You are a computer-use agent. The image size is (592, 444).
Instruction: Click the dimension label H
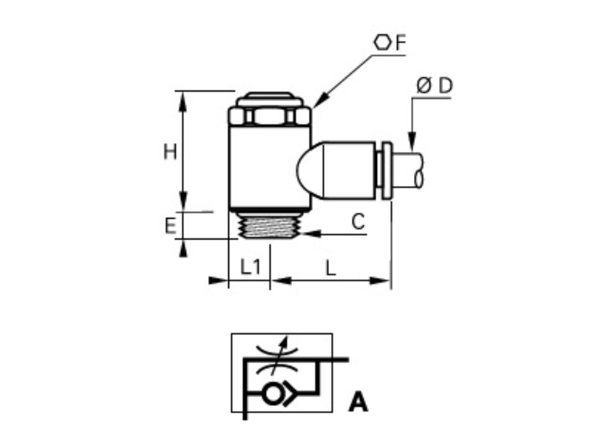pyautogui.click(x=169, y=152)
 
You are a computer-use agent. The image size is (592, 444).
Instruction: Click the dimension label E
pyautogui.click(x=170, y=225)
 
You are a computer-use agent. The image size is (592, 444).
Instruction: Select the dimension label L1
pyautogui.click(x=250, y=268)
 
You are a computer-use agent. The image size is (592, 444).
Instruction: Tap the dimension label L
pyautogui.click(x=330, y=268)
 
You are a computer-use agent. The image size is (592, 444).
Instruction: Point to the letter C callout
pyautogui.click(x=358, y=222)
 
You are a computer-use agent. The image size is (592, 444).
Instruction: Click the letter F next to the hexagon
pyautogui.click(x=400, y=43)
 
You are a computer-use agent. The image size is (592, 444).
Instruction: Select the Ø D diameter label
pyautogui.click(x=435, y=86)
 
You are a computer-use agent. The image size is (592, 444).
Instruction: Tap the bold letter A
pyautogui.click(x=358, y=402)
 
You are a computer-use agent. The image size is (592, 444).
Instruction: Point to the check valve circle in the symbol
pyautogui.click(x=272, y=394)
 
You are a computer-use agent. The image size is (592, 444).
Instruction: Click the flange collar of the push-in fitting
pyautogui.click(x=387, y=171)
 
